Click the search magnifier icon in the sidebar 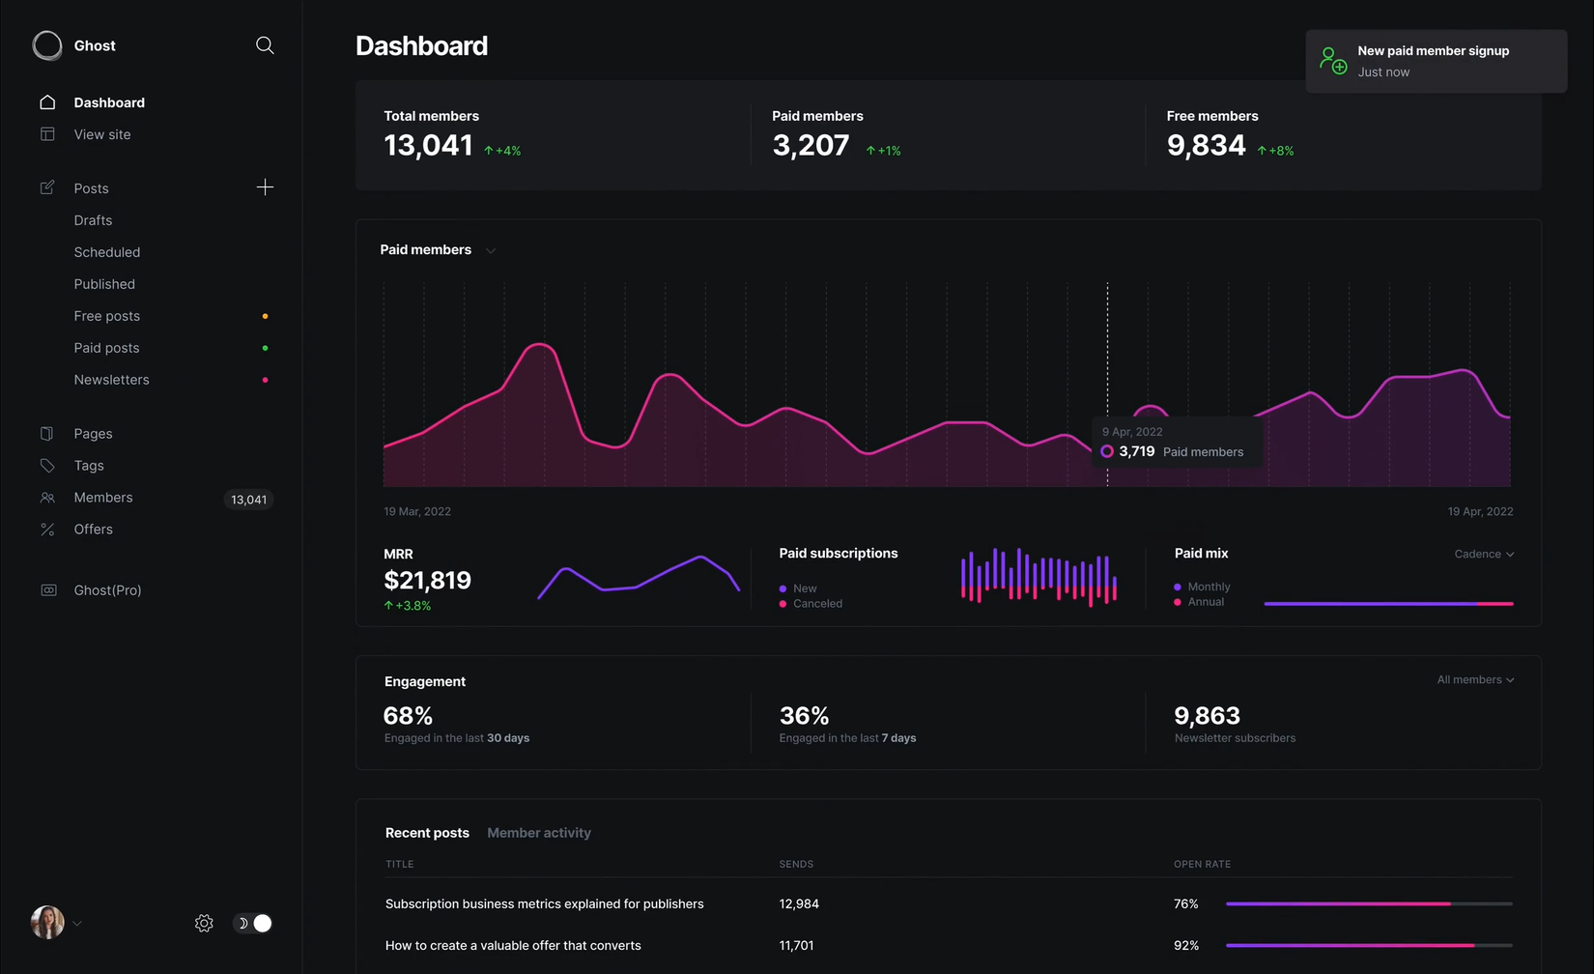pos(265,45)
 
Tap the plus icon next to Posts pos(265,187)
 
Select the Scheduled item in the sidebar pos(107,252)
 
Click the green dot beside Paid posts pos(265,348)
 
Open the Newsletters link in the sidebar pos(112,380)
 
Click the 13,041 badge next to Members pos(248,500)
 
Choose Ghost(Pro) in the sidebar pos(107,590)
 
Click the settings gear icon pos(204,924)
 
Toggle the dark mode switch pos(254,924)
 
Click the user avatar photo pos(47,923)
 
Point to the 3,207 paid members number pos(811,145)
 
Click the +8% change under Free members pos(1276,151)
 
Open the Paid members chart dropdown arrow pos(491,251)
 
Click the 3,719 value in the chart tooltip pos(1136,451)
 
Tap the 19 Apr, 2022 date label pos(1480,511)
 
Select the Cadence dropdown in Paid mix pos(1484,554)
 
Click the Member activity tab pos(539,833)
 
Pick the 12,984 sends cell pos(799,904)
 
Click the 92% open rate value pos(1185,946)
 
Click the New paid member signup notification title pos(1433,51)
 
